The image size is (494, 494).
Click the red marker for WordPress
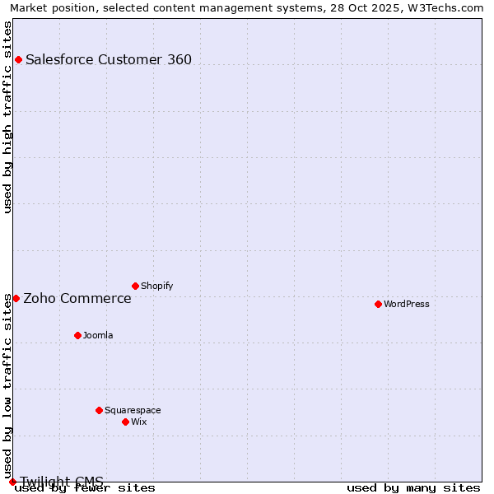[x=378, y=304]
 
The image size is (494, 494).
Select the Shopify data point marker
[x=135, y=286]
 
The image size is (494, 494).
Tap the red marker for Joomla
[x=77, y=335]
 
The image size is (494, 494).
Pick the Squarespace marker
[x=99, y=410]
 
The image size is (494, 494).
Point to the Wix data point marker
[x=125, y=422]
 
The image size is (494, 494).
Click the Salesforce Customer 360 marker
[x=18, y=59]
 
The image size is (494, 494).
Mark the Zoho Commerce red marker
[x=16, y=298]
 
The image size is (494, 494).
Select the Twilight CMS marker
[x=12, y=482]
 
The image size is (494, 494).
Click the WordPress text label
[x=407, y=304]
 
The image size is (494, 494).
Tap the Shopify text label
[x=156, y=286]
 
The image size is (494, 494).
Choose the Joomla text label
[x=98, y=335]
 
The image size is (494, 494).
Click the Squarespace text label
[x=133, y=410]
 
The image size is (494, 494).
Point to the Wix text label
[x=138, y=422]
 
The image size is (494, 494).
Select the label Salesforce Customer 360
[x=109, y=59]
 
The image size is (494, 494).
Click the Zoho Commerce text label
[x=77, y=298]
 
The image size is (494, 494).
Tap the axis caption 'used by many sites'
[x=413, y=487]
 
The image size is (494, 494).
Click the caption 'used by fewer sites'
[x=86, y=487]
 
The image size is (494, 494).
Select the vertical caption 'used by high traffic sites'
[x=7, y=117]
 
